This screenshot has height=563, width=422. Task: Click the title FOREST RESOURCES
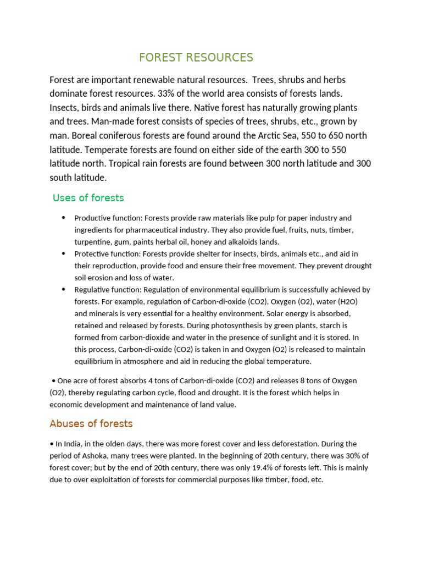[196, 58]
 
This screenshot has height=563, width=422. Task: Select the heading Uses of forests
[88, 198]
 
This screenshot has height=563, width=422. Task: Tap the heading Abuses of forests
[91, 424]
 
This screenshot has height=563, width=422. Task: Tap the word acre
[84, 380]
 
